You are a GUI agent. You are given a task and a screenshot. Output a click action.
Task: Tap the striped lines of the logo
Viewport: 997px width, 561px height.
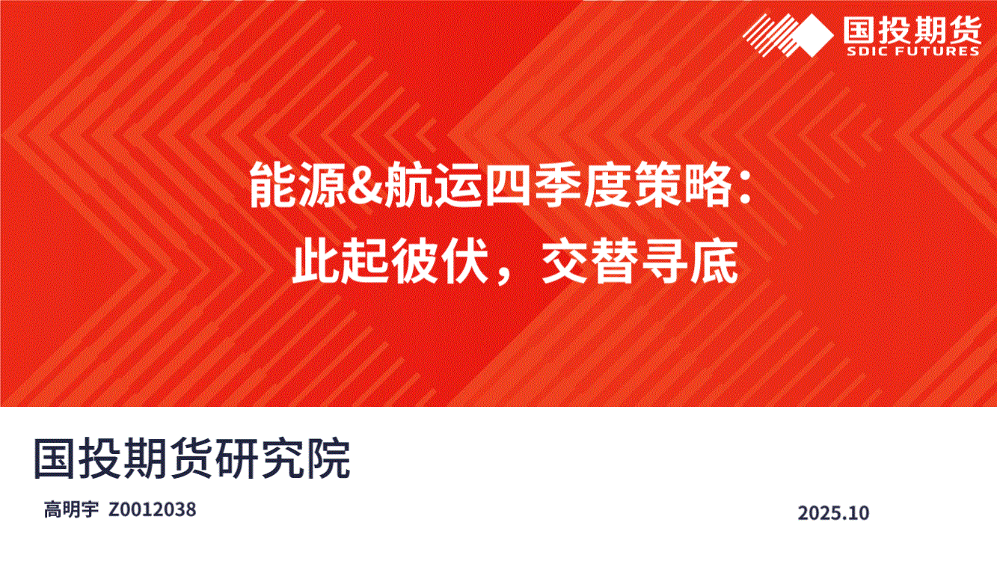[768, 35]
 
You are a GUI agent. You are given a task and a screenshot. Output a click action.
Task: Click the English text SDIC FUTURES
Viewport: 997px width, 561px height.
[912, 51]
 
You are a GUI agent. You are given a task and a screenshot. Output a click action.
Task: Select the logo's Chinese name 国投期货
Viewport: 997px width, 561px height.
[912, 29]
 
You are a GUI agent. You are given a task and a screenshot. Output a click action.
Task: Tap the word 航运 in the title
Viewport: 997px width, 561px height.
[432, 186]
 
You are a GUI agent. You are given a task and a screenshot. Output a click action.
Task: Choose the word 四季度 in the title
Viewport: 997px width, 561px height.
[557, 186]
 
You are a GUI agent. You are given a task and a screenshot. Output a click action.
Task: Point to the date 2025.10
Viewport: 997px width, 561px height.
[833, 513]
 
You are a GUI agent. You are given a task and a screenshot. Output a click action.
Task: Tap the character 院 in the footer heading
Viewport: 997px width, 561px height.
[328, 459]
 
